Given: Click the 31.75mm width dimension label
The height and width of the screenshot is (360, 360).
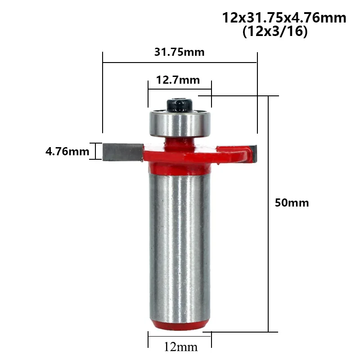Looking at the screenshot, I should tap(179, 52).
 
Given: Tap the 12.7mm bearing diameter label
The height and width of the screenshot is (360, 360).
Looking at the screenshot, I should tap(178, 81).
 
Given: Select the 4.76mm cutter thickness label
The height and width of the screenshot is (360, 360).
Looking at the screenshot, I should tap(67, 151).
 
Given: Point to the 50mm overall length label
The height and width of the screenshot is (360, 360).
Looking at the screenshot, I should tap(292, 202).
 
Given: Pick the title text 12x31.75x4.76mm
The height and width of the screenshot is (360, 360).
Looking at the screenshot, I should tap(284, 18).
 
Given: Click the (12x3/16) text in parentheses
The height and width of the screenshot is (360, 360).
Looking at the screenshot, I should tap(274, 33).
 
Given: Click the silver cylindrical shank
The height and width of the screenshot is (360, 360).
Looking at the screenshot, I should tap(179, 243).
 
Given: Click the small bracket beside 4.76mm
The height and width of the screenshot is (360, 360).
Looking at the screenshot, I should tap(95, 151).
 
